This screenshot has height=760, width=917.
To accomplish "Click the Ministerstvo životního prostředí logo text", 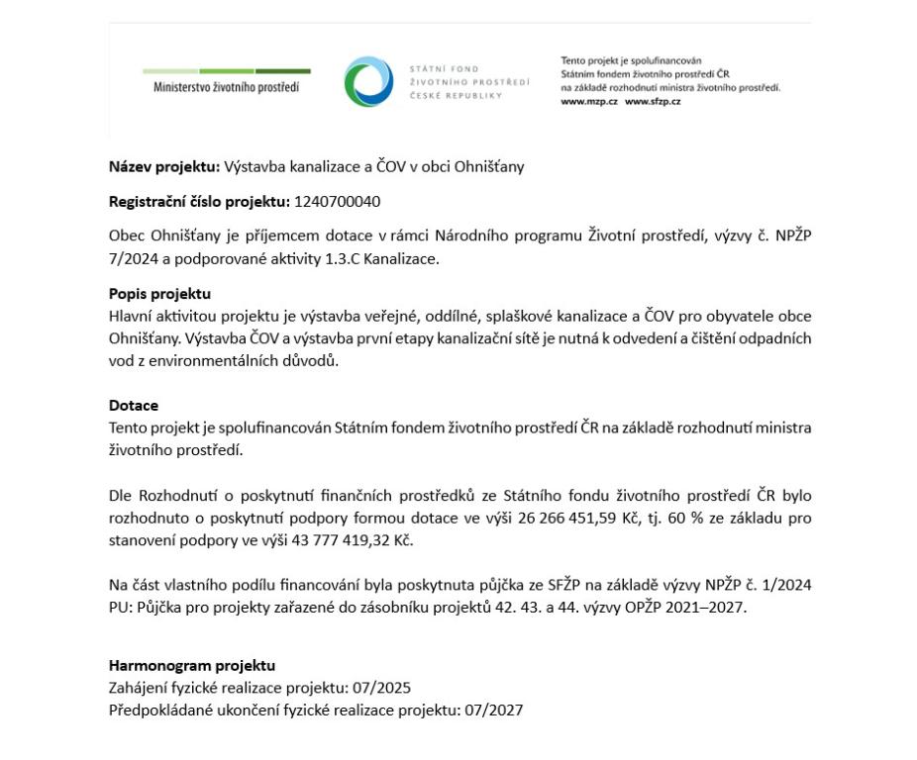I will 226,86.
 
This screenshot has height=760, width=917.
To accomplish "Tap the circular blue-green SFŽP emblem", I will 368,81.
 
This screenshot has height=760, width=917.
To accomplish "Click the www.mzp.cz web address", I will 589,102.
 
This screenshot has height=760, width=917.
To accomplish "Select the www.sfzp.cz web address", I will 653,102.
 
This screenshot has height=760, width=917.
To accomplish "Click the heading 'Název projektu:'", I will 164,166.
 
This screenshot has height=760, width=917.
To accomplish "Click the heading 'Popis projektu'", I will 159,294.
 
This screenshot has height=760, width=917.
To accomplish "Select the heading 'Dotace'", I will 134,406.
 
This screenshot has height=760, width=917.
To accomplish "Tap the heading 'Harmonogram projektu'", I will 192,665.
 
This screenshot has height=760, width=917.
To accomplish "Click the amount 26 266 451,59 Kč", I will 559,518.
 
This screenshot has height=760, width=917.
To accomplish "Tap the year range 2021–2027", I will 701,607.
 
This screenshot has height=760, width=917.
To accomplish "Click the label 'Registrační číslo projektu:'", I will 199,202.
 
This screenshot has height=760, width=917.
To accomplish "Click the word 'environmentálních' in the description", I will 221,360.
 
